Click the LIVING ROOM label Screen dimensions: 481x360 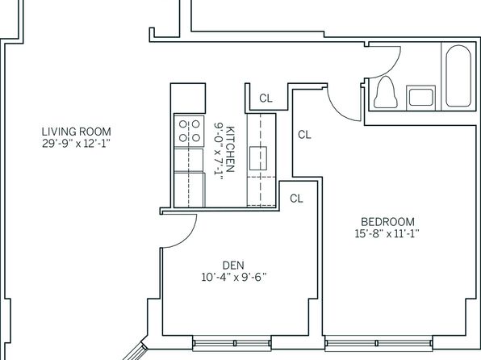[x=77, y=132]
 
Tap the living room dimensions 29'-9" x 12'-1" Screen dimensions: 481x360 [x=76, y=144]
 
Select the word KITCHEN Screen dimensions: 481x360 [x=230, y=149]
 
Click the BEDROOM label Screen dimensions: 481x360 [x=387, y=222]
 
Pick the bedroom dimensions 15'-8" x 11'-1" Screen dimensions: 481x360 [x=387, y=234]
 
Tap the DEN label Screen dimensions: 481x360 [x=233, y=266]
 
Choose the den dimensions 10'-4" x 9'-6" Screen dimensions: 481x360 [x=234, y=278]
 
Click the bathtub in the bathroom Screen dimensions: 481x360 [x=458, y=76]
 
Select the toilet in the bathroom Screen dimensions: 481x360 [x=386, y=92]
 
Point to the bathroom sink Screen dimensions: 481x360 [x=421, y=97]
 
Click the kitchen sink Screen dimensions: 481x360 [x=258, y=158]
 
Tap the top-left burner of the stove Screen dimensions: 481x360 [x=183, y=124]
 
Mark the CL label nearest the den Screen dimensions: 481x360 [x=296, y=199]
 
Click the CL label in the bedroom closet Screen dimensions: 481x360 [x=304, y=135]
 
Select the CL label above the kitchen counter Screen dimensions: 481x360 [x=266, y=98]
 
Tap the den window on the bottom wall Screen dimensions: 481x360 [x=232, y=343]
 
